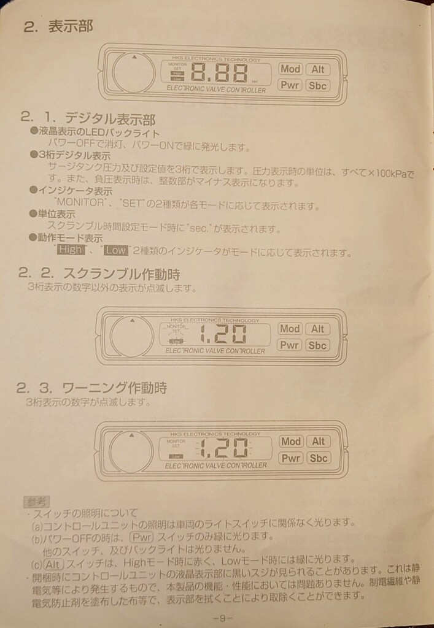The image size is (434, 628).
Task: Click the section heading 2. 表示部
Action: (58, 27)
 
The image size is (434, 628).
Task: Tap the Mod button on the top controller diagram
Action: (289, 70)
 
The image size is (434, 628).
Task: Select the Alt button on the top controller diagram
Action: (317, 70)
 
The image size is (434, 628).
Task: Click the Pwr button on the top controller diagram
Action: (289, 85)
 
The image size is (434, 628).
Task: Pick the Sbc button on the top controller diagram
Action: (317, 85)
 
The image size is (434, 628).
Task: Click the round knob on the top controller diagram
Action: (133, 72)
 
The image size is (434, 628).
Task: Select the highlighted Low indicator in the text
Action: (115, 250)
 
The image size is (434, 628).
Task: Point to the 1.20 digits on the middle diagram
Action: (224, 335)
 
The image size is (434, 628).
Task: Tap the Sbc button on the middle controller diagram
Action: (317, 345)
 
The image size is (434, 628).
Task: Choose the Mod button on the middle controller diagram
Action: (290, 329)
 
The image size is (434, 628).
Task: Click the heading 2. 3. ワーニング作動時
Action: (92, 388)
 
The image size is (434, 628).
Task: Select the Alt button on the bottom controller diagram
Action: (318, 442)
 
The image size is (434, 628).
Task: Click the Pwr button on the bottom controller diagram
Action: (290, 458)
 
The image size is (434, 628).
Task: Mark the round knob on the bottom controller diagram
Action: (131, 451)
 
